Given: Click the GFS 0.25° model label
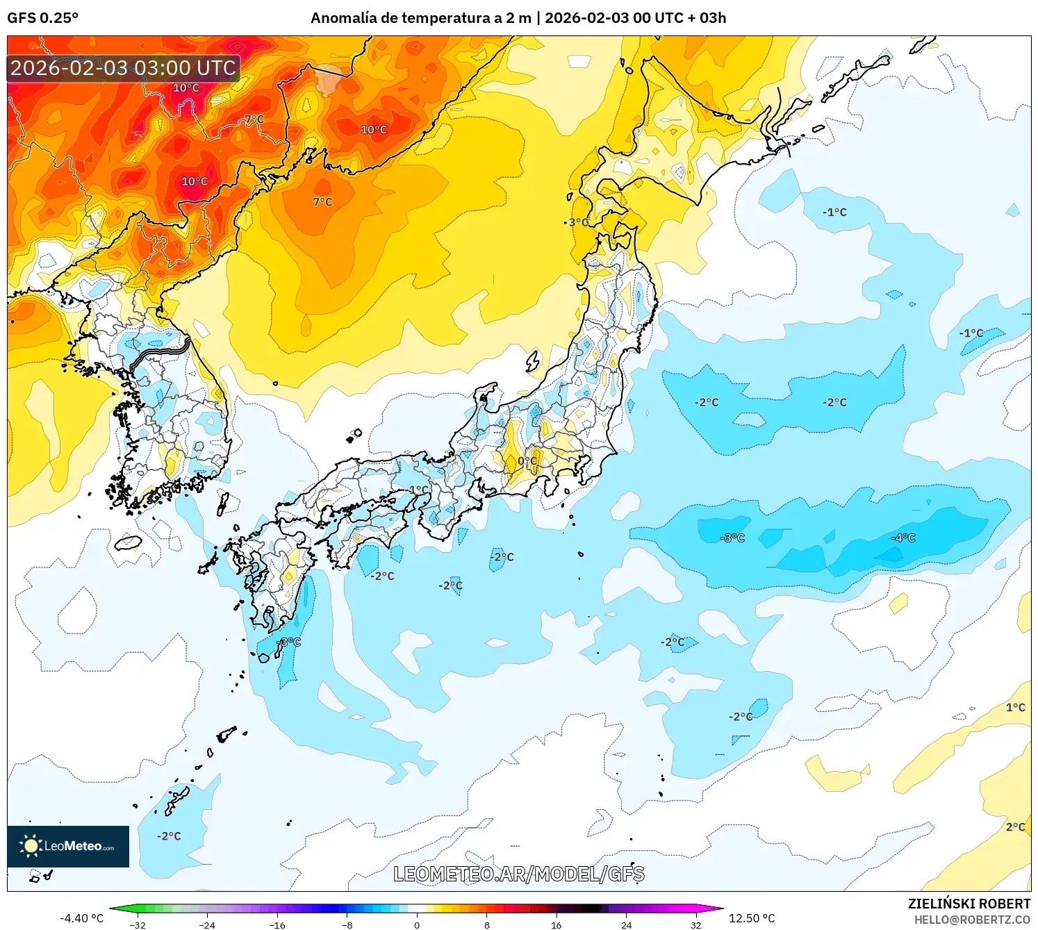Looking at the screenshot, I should coord(42,18).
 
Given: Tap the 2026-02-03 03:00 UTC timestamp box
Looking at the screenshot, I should coord(123,68).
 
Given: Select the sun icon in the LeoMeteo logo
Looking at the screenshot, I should coord(31,846).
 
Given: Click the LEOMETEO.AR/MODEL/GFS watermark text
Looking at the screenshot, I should coord(518,874).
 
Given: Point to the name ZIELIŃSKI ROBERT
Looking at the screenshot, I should coord(969,904).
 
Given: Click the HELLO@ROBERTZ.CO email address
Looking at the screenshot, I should coord(972,920).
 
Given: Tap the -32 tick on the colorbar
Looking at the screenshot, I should coord(138,924).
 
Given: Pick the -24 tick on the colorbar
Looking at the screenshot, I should coord(207,924).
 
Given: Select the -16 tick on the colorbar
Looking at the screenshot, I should coord(277,924).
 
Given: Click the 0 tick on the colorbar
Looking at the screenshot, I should coord(417,924).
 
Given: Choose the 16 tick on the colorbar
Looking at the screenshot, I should coord(557,924).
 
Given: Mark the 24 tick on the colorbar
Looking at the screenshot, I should coord(626,924).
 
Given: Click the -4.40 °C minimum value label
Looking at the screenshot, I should coord(81,918).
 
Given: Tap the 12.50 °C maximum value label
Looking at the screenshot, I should coord(752,918).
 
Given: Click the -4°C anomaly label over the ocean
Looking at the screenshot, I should coord(903,538).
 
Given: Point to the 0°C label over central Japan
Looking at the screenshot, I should coord(527,460).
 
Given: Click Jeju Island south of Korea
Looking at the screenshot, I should coord(129,542).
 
